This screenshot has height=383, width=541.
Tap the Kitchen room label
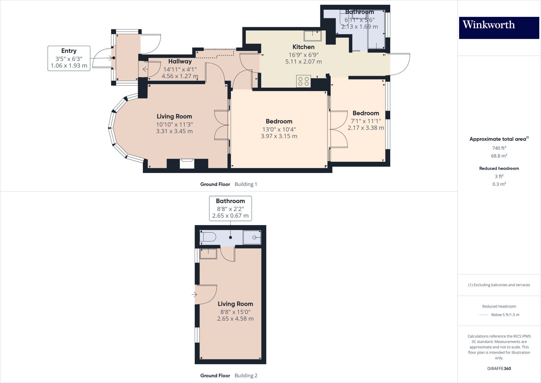pyautogui.click(x=303, y=47)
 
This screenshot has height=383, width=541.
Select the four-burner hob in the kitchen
pyautogui.click(x=303, y=81)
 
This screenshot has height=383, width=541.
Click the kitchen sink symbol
pyautogui.click(x=313, y=36)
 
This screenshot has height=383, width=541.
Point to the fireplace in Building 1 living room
pyautogui.click(x=187, y=163)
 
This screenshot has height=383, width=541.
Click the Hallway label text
pyautogui.click(x=180, y=61)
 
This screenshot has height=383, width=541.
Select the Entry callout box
pyautogui.click(x=69, y=58)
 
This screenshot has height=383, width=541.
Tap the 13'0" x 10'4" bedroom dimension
pyautogui.click(x=279, y=129)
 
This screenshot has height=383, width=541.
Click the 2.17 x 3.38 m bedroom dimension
pyautogui.click(x=366, y=128)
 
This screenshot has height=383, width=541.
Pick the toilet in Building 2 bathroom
pyautogui.click(x=208, y=237)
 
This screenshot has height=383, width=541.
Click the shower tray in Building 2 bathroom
pyautogui.click(x=252, y=237)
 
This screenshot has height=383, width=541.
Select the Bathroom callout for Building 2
pyautogui.click(x=230, y=208)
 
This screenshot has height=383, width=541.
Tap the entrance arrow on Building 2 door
pyautogui.click(x=194, y=294)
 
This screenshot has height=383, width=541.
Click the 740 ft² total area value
pyautogui.click(x=499, y=148)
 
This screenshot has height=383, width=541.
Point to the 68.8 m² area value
pyautogui.click(x=499, y=156)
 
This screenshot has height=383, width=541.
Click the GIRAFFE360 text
pyautogui.click(x=499, y=368)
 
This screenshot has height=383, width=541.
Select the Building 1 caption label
pyautogui.click(x=246, y=184)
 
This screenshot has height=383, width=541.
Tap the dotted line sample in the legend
pyautogui.click(x=483, y=315)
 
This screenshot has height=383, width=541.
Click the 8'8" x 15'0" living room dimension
pyautogui.click(x=235, y=312)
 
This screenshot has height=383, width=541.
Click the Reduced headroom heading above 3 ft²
pyautogui.click(x=499, y=168)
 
